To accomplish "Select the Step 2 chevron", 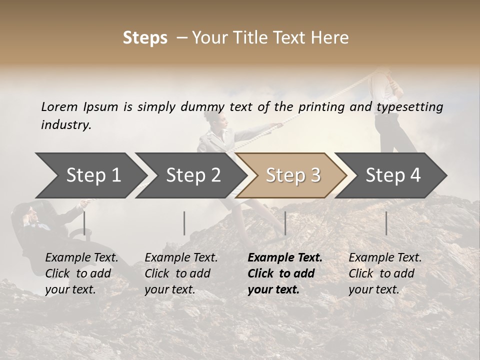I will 193,175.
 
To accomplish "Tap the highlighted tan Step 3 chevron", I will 293,175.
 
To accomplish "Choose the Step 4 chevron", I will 393,175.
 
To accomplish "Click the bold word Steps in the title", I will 145,38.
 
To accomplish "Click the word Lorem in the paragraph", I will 59,106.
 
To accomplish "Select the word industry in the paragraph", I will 66,124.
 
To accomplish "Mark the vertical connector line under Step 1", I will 84,223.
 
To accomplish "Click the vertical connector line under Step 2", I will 184,223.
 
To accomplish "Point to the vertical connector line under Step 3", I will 285,223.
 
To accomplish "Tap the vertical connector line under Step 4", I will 386,223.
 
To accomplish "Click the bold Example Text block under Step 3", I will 285,273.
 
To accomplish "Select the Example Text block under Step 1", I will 81,273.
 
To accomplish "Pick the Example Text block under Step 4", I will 385,273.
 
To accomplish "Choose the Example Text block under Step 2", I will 181,273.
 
